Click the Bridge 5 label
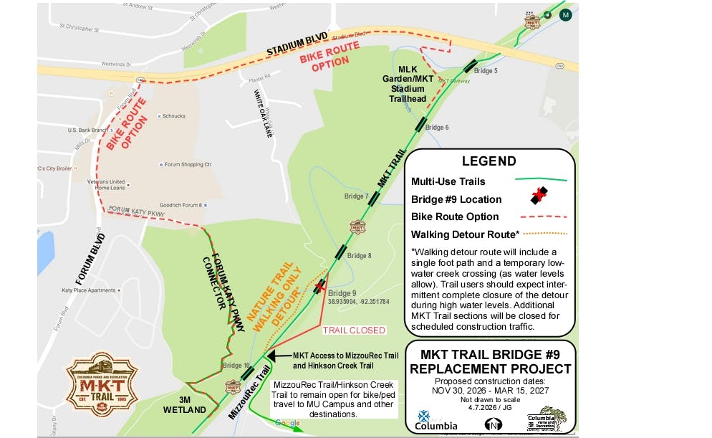pyautogui.click(x=486, y=71)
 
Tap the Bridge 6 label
pyautogui.click(x=437, y=128)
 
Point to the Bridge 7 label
pyautogui.click(x=356, y=196)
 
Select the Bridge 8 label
pyautogui.click(x=359, y=256)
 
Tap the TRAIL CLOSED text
pyautogui.click(x=353, y=330)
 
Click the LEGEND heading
pyautogui.click(x=489, y=161)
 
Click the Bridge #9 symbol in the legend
pyautogui.click(x=539, y=197)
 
